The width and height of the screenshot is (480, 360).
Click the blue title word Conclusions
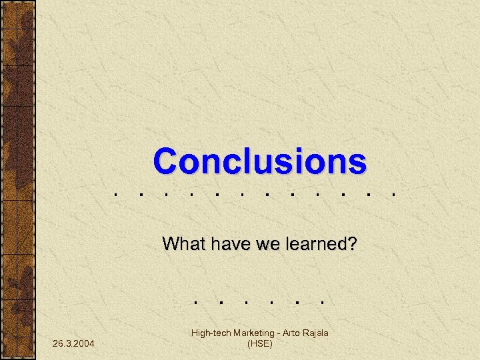(259, 161)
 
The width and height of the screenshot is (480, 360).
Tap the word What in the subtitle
(184, 244)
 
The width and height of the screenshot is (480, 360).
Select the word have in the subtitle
(228, 244)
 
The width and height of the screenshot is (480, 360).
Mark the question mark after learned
(352, 244)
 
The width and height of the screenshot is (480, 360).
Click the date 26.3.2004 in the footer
(73, 343)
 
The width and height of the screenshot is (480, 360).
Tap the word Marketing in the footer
(252, 333)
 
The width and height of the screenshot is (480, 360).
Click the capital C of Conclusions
(167, 161)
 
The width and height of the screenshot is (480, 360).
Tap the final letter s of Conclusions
(358, 162)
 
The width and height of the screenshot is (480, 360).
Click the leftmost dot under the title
(116, 195)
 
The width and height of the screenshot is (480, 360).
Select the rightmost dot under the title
(396, 195)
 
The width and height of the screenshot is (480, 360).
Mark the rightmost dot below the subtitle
(322, 301)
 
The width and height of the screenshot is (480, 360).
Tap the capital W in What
(170, 244)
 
